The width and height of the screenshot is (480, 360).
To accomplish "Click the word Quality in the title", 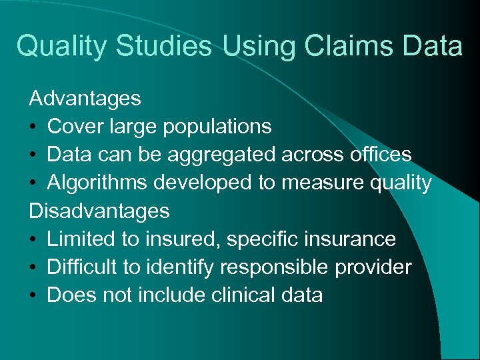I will [x=62, y=47].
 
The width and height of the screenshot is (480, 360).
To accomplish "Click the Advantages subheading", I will [x=85, y=99].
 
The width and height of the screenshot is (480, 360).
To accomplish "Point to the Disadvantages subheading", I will [x=99, y=211].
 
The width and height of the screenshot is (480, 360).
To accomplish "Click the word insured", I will [x=178, y=239].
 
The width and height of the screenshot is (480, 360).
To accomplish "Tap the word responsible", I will [x=274, y=268].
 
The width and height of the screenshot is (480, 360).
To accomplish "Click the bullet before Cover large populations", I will [x=33, y=127].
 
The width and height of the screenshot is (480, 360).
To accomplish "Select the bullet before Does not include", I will [x=33, y=295].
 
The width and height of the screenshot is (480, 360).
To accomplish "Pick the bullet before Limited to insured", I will [x=33, y=239].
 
